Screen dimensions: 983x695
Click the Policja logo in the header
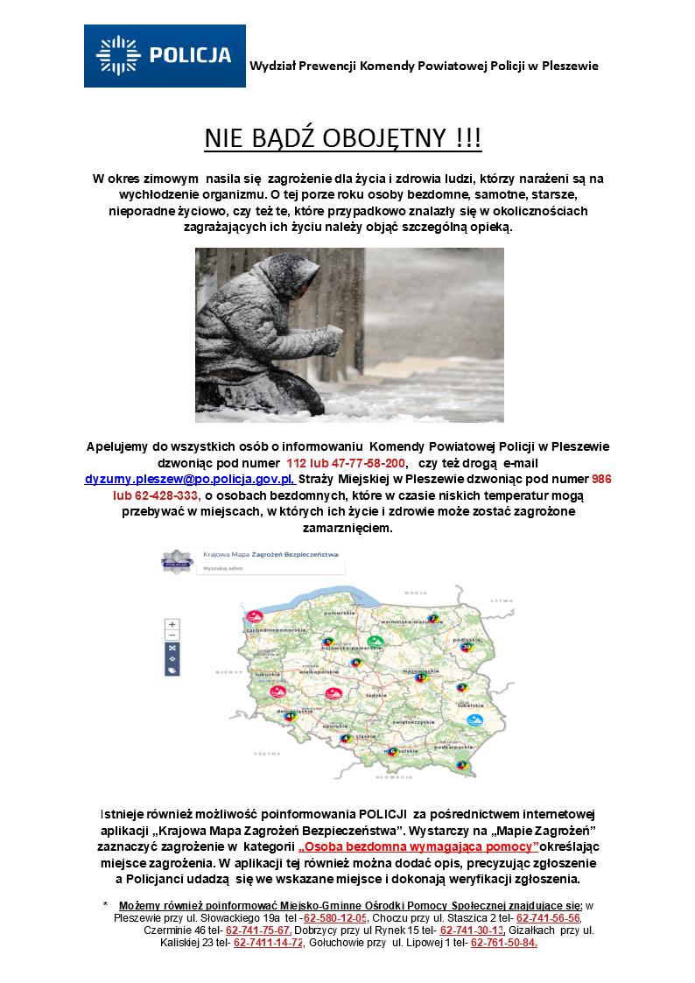click(x=165, y=56)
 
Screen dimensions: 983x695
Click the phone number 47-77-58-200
click(x=365, y=463)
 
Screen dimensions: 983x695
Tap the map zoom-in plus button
click(x=172, y=624)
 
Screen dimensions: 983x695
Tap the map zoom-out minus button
click(x=172, y=635)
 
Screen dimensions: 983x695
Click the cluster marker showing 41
click(x=290, y=715)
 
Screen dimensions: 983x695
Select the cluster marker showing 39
click(x=467, y=647)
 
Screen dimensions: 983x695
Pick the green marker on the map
click(x=376, y=642)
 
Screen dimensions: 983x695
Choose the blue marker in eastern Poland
click(x=474, y=721)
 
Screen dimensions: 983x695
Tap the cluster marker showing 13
click(x=420, y=677)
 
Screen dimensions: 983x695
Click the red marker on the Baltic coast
click(x=254, y=615)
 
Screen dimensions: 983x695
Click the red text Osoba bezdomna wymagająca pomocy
click(x=418, y=848)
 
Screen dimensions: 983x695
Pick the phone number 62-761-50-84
click(x=504, y=943)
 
